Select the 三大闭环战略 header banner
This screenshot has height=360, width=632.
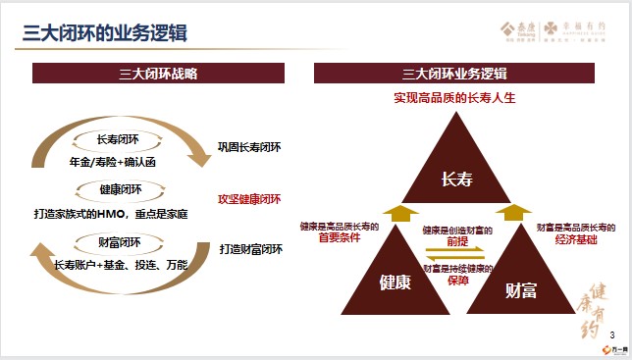(x=158, y=74)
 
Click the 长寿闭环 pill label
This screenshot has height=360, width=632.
(x=120, y=139)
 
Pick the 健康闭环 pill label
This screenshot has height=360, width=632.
(x=120, y=190)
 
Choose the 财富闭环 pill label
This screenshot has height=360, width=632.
(x=120, y=242)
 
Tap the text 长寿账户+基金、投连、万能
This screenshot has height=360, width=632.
(x=121, y=265)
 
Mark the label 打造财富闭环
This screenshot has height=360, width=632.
(x=250, y=248)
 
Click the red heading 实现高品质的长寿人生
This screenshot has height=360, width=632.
(x=454, y=98)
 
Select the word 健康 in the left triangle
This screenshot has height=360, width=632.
(x=395, y=283)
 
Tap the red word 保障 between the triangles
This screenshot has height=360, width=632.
(x=457, y=280)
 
